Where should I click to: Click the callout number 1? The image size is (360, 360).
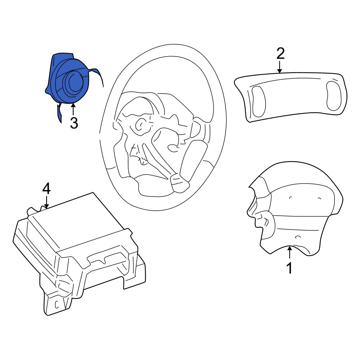point(290,268)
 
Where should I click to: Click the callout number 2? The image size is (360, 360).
point(280,54)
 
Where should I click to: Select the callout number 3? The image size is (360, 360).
point(74,123)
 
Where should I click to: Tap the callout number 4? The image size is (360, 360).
point(46,189)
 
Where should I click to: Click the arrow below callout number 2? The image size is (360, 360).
point(280,67)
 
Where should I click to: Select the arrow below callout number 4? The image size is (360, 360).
point(46,202)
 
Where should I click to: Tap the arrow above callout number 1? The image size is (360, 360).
point(290,253)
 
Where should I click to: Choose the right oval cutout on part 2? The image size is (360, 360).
point(334,95)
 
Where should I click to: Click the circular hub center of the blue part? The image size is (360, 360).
point(73,81)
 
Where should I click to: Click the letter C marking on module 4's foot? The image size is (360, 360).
point(57,305)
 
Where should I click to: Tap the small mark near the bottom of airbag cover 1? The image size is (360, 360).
point(298,237)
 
